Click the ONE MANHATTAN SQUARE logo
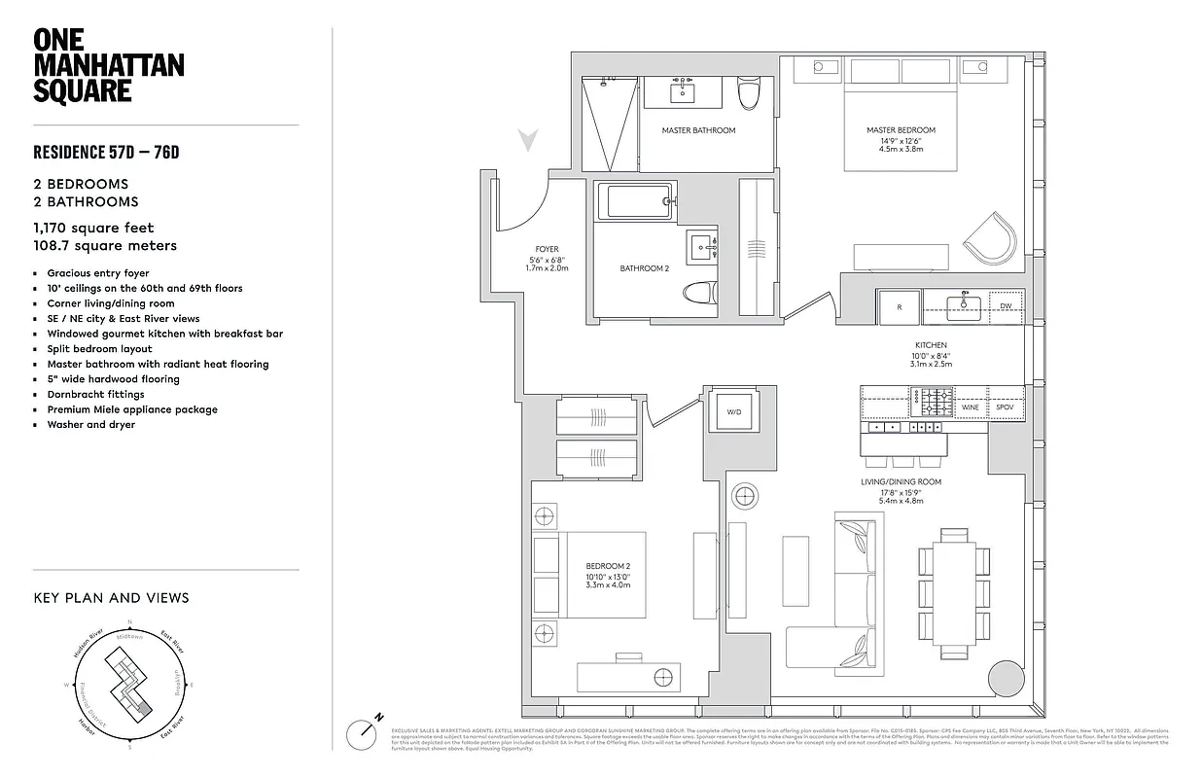[108, 65]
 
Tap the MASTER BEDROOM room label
[901, 130]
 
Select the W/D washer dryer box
[733, 411]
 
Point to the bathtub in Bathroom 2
[633, 201]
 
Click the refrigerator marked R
[900, 306]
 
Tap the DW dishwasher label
[1006, 306]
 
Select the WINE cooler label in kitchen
[971, 407]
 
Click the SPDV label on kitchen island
[1005, 407]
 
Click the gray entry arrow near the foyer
[528, 142]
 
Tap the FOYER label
[547, 249]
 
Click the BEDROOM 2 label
[609, 566]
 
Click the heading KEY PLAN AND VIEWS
[111, 598]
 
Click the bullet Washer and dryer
[90, 424]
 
